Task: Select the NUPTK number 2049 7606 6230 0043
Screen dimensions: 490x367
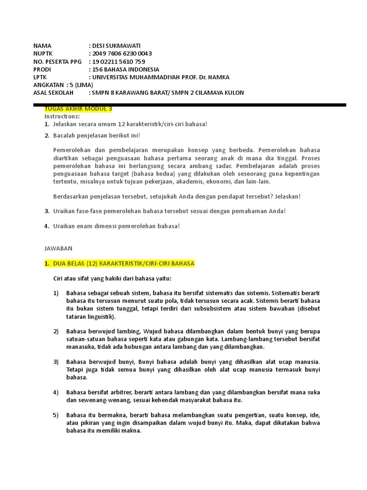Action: tap(122, 54)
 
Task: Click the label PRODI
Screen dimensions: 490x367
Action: tap(42, 69)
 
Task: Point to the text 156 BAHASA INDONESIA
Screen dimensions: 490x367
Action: tap(126, 69)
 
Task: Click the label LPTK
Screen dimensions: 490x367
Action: tap(41, 77)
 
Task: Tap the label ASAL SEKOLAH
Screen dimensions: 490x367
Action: tap(53, 92)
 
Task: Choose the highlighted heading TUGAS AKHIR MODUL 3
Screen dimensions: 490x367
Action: tap(78, 109)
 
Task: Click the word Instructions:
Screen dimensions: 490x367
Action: tap(62, 116)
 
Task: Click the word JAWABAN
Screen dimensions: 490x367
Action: tap(58, 248)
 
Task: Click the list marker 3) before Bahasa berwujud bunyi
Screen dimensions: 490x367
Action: tap(56, 362)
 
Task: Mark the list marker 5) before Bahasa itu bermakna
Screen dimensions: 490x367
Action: tap(56, 414)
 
